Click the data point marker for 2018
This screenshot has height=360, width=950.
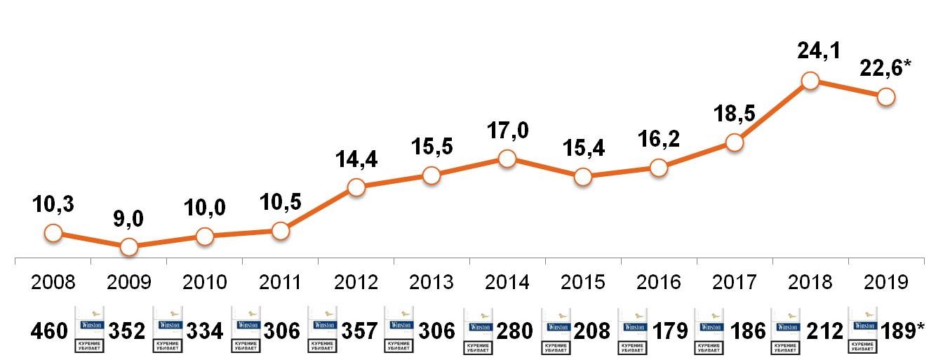coord(810,81)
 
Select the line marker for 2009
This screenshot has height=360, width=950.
coord(128,247)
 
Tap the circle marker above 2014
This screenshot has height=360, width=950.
coord(507,159)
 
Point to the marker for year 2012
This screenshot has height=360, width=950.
coord(356,187)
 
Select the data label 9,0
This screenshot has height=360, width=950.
coord(128,220)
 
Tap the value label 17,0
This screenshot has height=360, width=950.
coord(507,131)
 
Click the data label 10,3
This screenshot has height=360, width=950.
coord(53,205)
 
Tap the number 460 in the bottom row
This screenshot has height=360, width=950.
coord(49,331)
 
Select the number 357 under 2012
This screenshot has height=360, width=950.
coord(359,331)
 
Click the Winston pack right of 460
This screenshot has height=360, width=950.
coord(88,328)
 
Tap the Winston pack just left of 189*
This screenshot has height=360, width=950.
coord(862,328)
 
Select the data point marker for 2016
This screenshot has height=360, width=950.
coord(659,168)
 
